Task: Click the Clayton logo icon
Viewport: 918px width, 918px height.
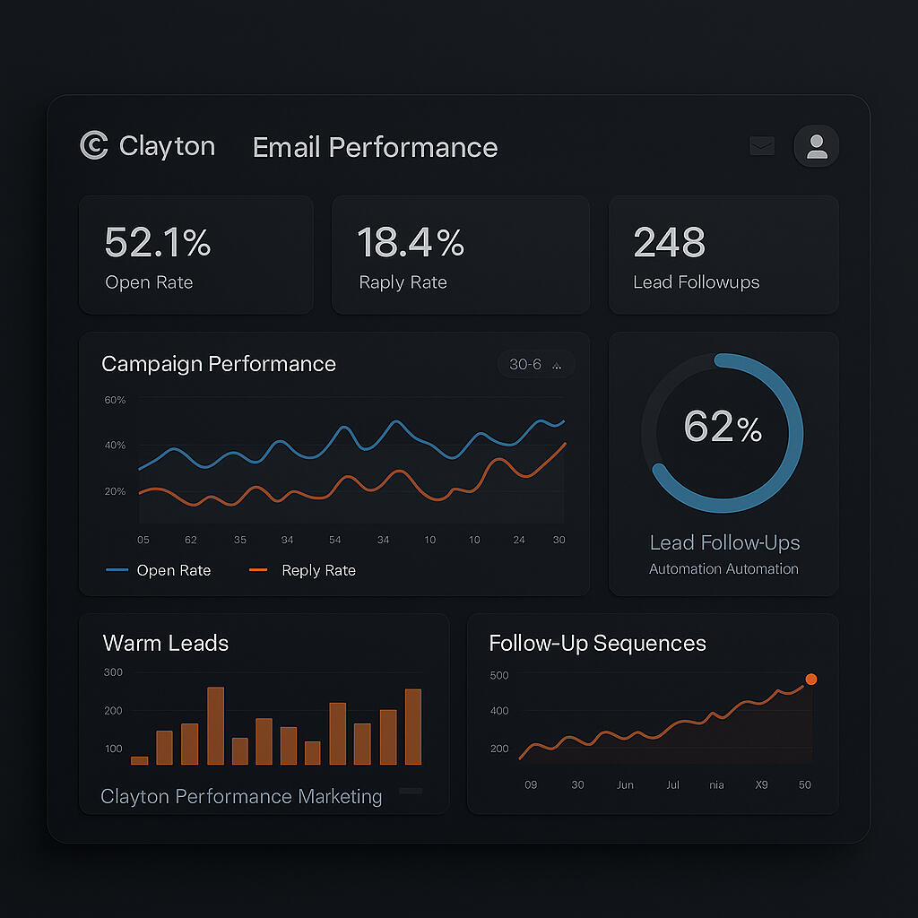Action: (93, 146)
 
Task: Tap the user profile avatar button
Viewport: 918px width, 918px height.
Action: (817, 146)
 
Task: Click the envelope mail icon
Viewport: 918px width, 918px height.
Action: (762, 146)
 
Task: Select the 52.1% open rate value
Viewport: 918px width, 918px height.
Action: (158, 243)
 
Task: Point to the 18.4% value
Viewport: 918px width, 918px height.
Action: (411, 243)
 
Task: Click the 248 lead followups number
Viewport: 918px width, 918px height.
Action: (669, 243)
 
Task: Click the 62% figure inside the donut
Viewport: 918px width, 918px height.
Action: (723, 428)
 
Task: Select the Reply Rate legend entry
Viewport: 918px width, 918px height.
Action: (302, 570)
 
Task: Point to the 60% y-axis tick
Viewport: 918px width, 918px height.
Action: (115, 400)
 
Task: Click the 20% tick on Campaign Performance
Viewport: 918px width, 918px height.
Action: (115, 491)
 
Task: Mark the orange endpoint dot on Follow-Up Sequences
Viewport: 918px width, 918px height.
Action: (811, 680)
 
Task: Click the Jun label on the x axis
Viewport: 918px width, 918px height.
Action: (625, 785)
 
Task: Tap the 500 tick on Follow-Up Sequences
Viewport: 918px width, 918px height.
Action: (498, 675)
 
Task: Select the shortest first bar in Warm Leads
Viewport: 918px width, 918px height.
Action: (139, 760)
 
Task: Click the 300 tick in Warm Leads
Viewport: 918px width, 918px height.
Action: (113, 672)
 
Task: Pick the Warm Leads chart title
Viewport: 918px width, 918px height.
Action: (166, 643)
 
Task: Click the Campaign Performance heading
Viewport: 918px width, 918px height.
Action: (219, 364)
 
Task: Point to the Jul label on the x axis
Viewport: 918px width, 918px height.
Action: (673, 785)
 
